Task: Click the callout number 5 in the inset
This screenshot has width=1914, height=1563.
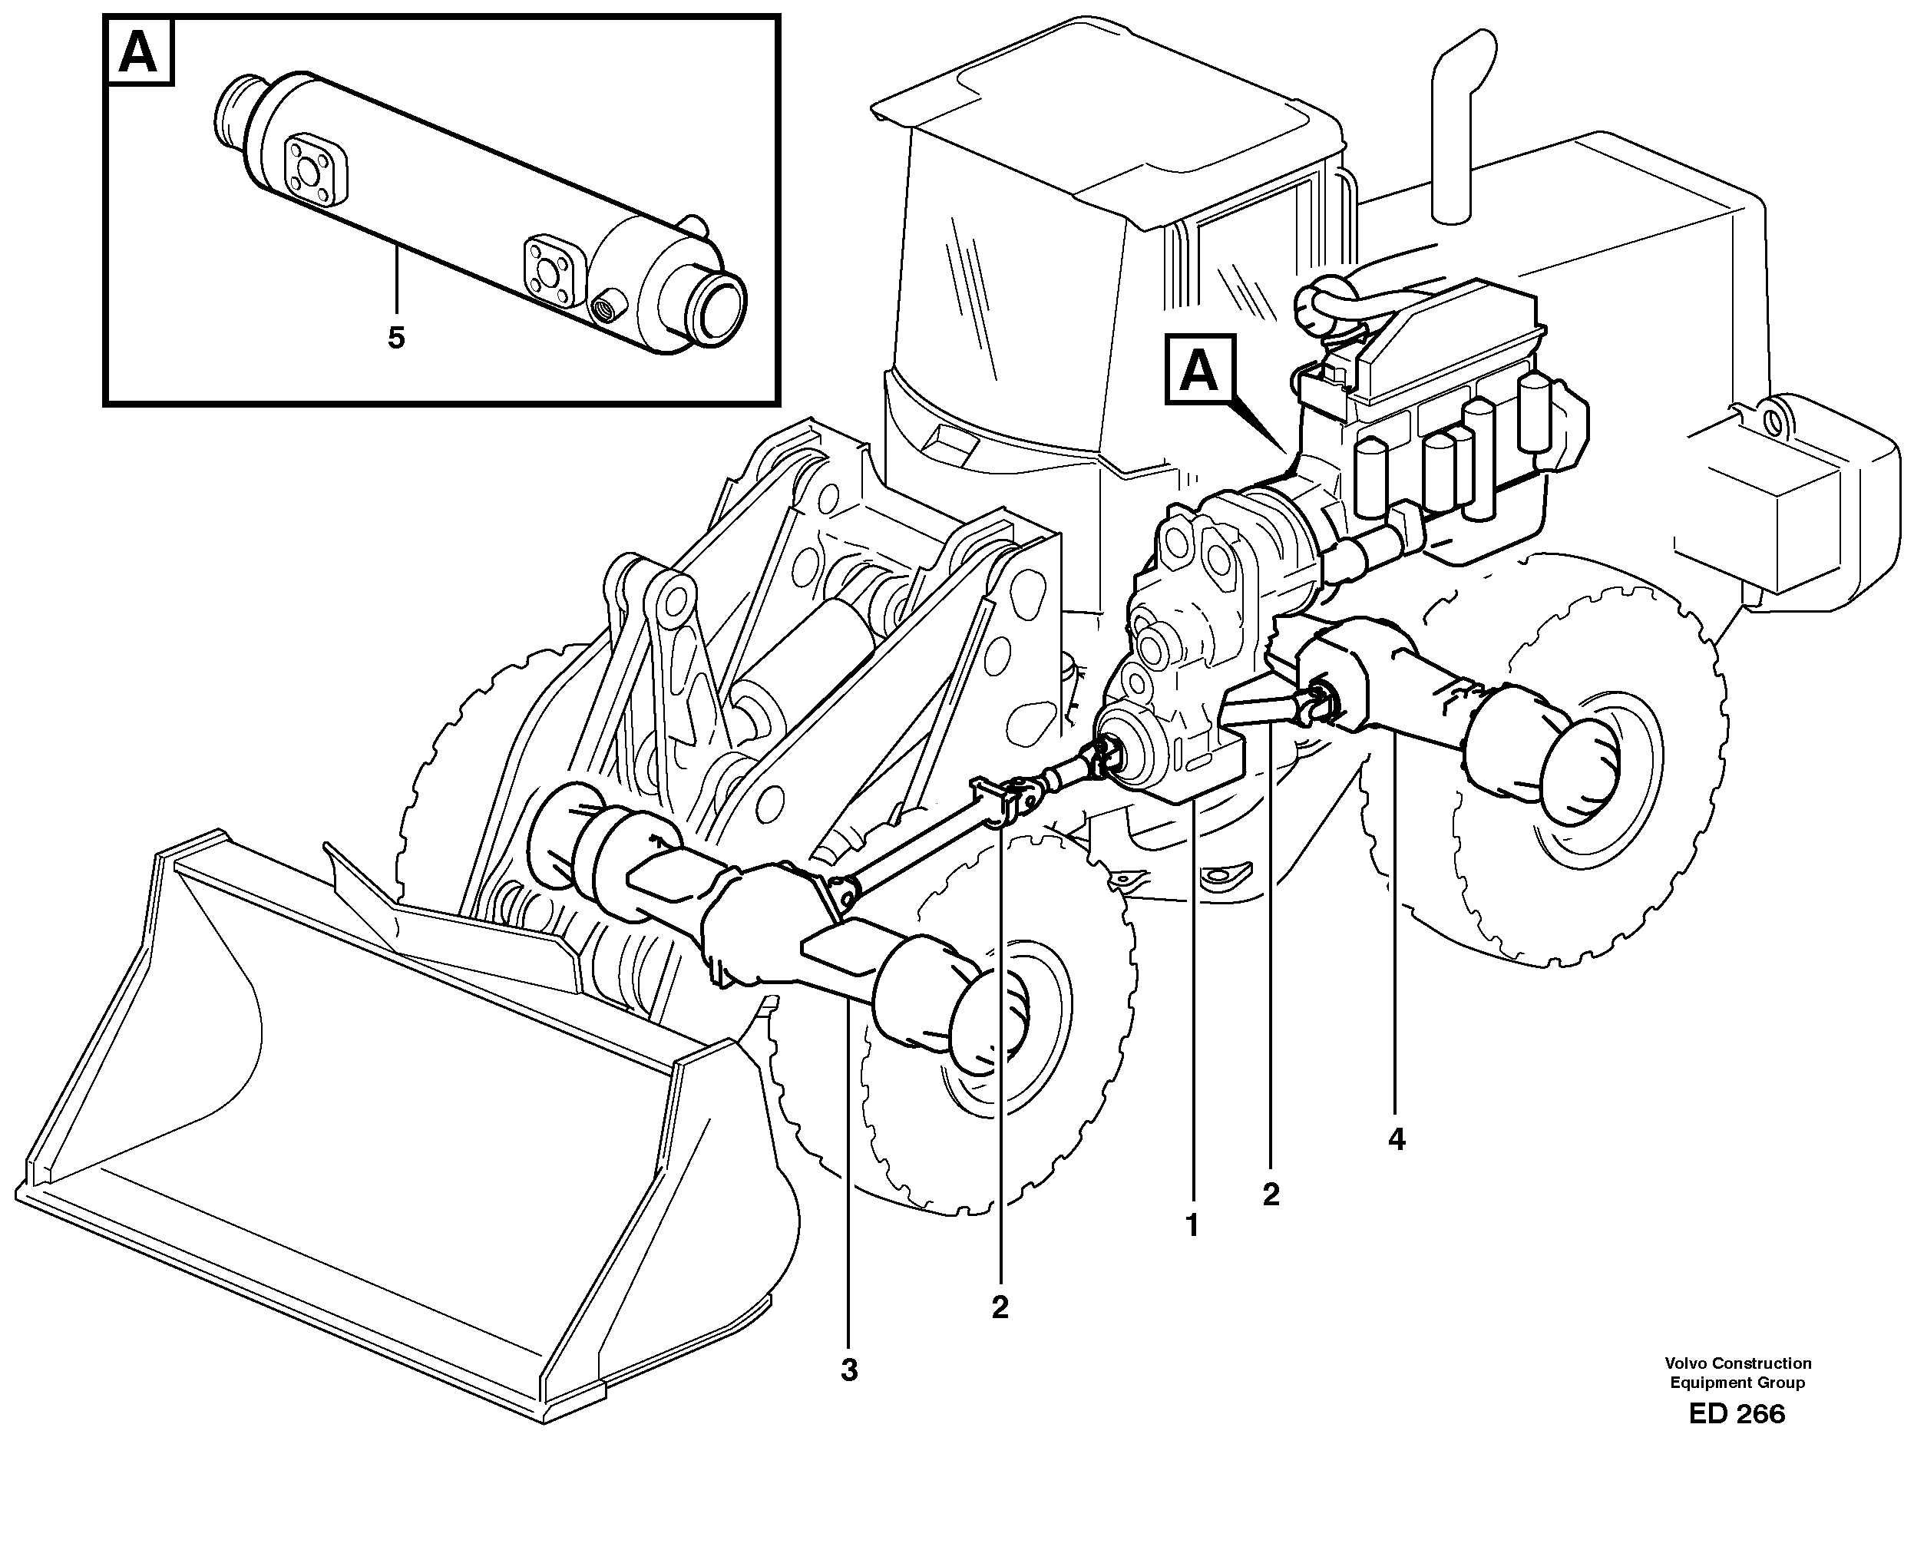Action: click(x=396, y=339)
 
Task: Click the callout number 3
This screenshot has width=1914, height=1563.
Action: click(x=849, y=1371)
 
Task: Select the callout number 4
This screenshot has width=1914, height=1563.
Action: click(x=1397, y=1140)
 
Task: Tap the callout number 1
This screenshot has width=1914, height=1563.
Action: click(x=1192, y=1226)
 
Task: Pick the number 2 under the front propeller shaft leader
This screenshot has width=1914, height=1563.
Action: click(x=1000, y=1307)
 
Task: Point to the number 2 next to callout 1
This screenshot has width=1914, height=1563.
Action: click(x=1271, y=1195)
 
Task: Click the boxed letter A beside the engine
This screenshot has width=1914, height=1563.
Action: click(x=1199, y=370)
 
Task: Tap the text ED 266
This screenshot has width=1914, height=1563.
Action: click(x=1737, y=1414)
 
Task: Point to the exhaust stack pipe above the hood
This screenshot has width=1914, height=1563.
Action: click(x=1456, y=126)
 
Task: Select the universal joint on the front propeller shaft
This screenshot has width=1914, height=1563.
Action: click(x=1022, y=795)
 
